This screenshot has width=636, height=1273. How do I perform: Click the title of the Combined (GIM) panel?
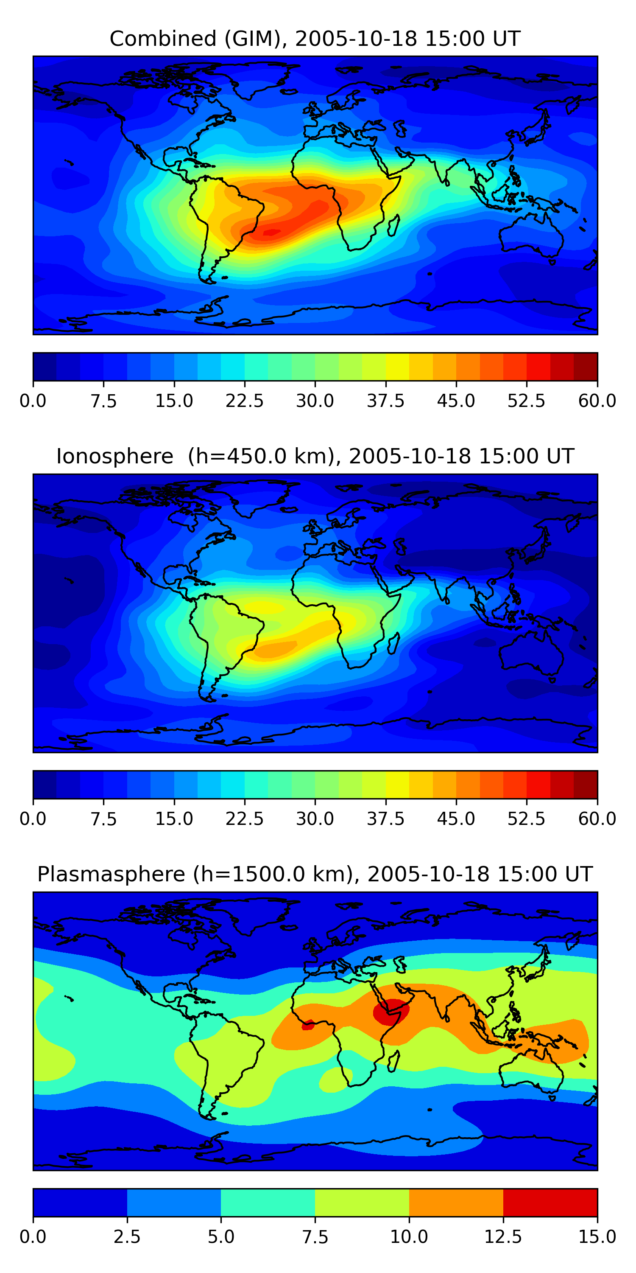315,39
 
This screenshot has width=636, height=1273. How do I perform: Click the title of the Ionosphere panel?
315,456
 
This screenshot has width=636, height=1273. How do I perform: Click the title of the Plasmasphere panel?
315,874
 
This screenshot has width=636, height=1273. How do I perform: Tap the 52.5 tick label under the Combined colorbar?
526,401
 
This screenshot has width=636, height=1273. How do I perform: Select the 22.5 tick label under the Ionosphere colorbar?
244,819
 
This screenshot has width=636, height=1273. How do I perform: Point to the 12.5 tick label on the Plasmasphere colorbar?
503,1237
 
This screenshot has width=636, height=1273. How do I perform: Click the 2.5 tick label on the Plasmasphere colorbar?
127,1237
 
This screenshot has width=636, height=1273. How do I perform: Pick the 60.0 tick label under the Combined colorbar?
597,401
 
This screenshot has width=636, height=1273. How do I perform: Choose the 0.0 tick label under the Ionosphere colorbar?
33,819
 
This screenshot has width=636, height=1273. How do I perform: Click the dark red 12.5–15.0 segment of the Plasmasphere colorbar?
550,1202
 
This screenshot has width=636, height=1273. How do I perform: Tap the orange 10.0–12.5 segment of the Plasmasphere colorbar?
456,1202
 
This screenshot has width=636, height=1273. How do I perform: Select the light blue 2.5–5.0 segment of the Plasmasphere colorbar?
174,1202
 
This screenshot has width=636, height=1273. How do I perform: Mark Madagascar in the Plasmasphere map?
393,1061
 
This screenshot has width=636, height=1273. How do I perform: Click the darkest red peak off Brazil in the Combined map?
270,232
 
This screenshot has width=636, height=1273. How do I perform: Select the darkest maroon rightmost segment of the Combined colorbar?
585,367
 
